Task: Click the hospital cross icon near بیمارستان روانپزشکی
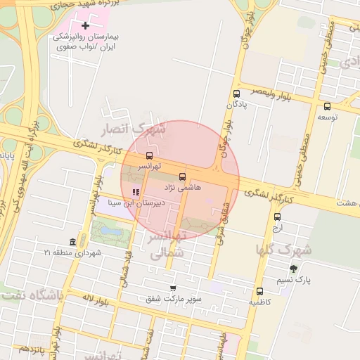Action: (x=86, y=25)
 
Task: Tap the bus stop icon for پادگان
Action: (x=236, y=94)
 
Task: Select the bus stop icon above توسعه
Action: (x=327, y=107)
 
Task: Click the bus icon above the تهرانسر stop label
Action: (x=149, y=155)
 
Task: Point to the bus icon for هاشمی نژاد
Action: (x=183, y=176)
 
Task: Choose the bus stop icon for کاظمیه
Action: (x=259, y=291)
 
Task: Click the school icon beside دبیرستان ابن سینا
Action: (x=136, y=191)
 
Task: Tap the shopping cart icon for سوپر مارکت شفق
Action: (x=173, y=288)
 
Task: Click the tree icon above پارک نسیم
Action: (x=293, y=269)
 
